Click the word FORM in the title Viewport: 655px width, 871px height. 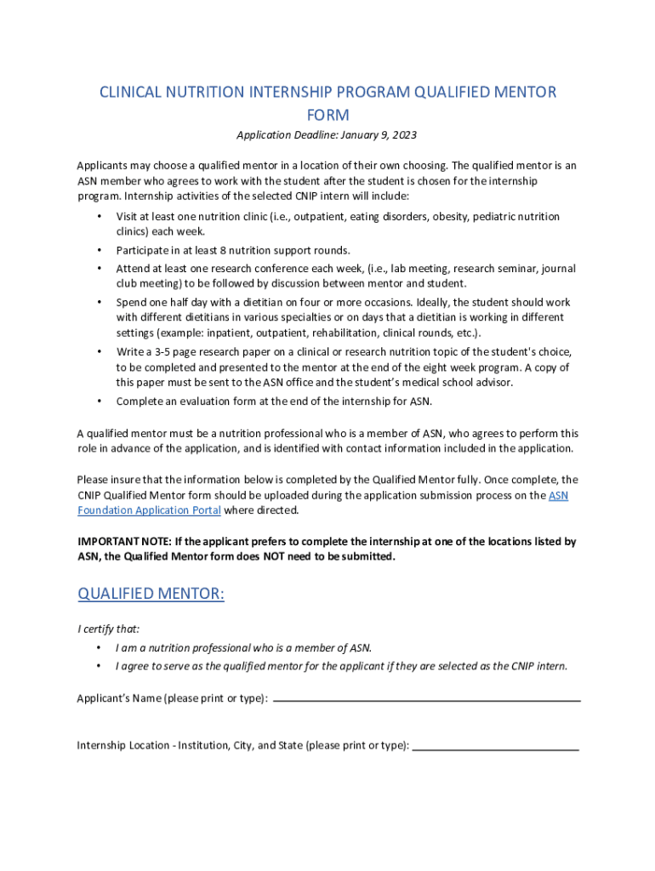click(x=327, y=115)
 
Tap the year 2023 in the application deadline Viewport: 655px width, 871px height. click(x=403, y=135)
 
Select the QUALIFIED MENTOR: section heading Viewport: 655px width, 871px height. click(x=151, y=593)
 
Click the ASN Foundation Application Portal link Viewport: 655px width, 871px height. click(x=150, y=510)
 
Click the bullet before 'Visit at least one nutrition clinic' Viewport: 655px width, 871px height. click(x=100, y=217)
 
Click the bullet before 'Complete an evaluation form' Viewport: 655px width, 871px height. click(x=100, y=401)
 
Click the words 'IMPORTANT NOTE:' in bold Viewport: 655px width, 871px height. click(x=124, y=542)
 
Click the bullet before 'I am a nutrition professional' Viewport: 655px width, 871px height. click(x=100, y=648)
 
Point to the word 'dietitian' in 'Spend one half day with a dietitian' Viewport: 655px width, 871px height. click(x=257, y=302)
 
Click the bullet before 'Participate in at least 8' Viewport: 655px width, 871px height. click(x=100, y=250)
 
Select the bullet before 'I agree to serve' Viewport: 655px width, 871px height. click(x=100, y=666)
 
